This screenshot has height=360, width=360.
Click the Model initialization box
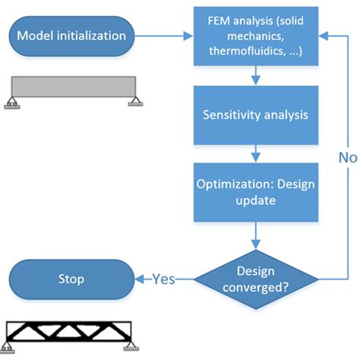pos(73,36)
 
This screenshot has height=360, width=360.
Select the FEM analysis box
pos(257,36)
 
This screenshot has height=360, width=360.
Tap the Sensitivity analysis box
pos(257,115)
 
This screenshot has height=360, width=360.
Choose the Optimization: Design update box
pos(257,194)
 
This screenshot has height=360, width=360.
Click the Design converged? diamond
pos(257,279)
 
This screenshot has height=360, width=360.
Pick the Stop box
pos(73,279)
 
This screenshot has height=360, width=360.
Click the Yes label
pos(163,279)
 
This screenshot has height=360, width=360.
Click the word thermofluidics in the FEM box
pos(242,49)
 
